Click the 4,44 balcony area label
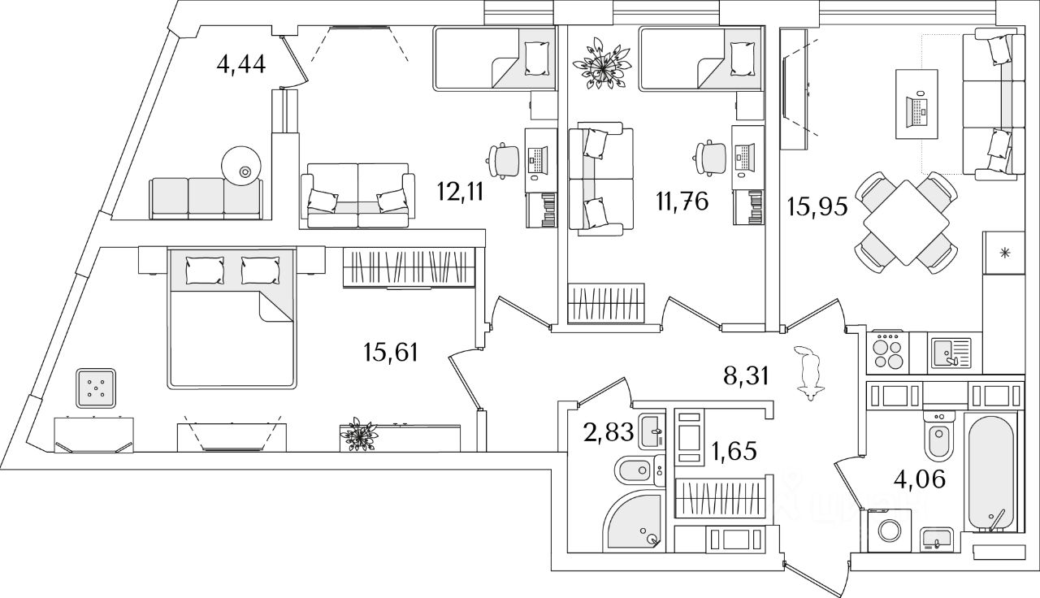pyautogui.click(x=242, y=63)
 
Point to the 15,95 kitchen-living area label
pyautogui.click(x=817, y=206)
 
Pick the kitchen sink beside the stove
pyautogui.click(x=951, y=351)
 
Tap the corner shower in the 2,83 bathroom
pyautogui.click(x=633, y=523)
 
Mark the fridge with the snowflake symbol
pyautogui.click(x=1005, y=253)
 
